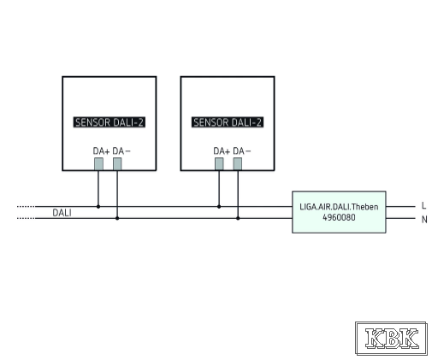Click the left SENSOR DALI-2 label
click(x=109, y=122)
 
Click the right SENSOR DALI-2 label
click(x=228, y=122)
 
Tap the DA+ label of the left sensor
click(x=101, y=151)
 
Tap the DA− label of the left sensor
click(x=121, y=151)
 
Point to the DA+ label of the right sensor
click(x=222, y=151)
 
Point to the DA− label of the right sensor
click(x=242, y=151)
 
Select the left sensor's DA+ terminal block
click(x=98, y=164)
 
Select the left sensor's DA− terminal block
click(x=117, y=164)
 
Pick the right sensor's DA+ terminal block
click(x=219, y=164)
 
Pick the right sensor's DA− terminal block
click(x=238, y=164)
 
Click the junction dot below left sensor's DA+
click(x=98, y=206)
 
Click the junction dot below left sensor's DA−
click(x=117, y=218)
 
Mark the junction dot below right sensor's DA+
click(x=219, y=206)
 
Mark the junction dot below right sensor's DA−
click(x=238, y=218)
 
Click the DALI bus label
click(x=62, y=213)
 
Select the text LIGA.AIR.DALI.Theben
click(x=339, y=207)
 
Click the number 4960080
click(x=339, y=217)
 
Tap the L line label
click(x=423, y=205)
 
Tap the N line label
click(x=424, y=220)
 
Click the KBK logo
click(x=391, y=339)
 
